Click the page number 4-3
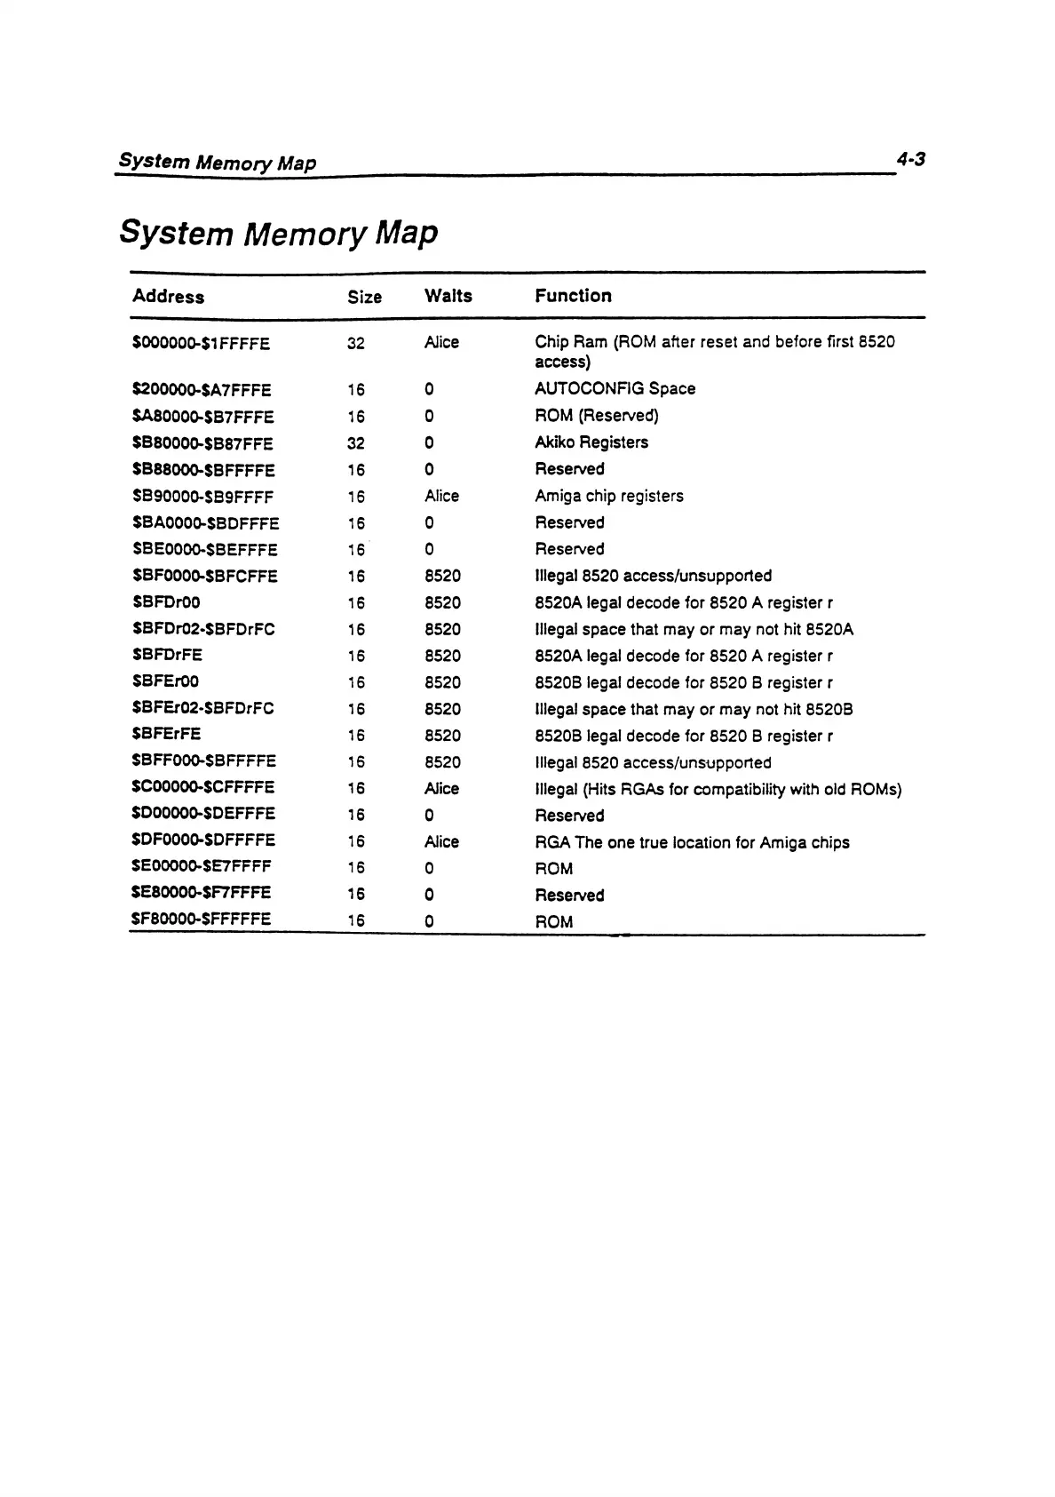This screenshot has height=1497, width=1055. [x=910, y=160]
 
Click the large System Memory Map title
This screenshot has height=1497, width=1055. [x=279, y=233]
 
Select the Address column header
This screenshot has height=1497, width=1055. [x=168, y=297]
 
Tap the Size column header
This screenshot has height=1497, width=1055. [x=364, y=297]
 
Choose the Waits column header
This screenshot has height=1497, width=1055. [x=448, y=296]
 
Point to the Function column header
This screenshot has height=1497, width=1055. [x=573, y=296]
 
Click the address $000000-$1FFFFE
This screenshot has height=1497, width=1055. [x=201, y=344]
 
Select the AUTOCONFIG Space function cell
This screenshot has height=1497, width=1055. [x=615, y=389]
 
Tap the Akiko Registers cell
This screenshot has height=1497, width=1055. [x=591, y=442]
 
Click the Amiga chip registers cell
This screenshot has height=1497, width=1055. [x=609, y=496]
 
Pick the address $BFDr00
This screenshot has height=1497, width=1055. [x=166, y=602]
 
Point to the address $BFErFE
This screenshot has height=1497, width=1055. [x=166, y=734]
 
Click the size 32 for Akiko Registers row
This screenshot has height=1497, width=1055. [x=356, y=443]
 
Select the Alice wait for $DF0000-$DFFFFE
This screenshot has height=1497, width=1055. [x=441, y=841]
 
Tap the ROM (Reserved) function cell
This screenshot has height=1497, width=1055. [x=597, y=416]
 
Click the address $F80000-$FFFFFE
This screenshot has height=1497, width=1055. [x=201, y=920]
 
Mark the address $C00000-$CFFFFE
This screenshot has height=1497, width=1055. [x=203, y=787]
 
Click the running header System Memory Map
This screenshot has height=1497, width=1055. [x=218, y=163]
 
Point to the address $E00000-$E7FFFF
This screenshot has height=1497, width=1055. [x=201, y=866]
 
